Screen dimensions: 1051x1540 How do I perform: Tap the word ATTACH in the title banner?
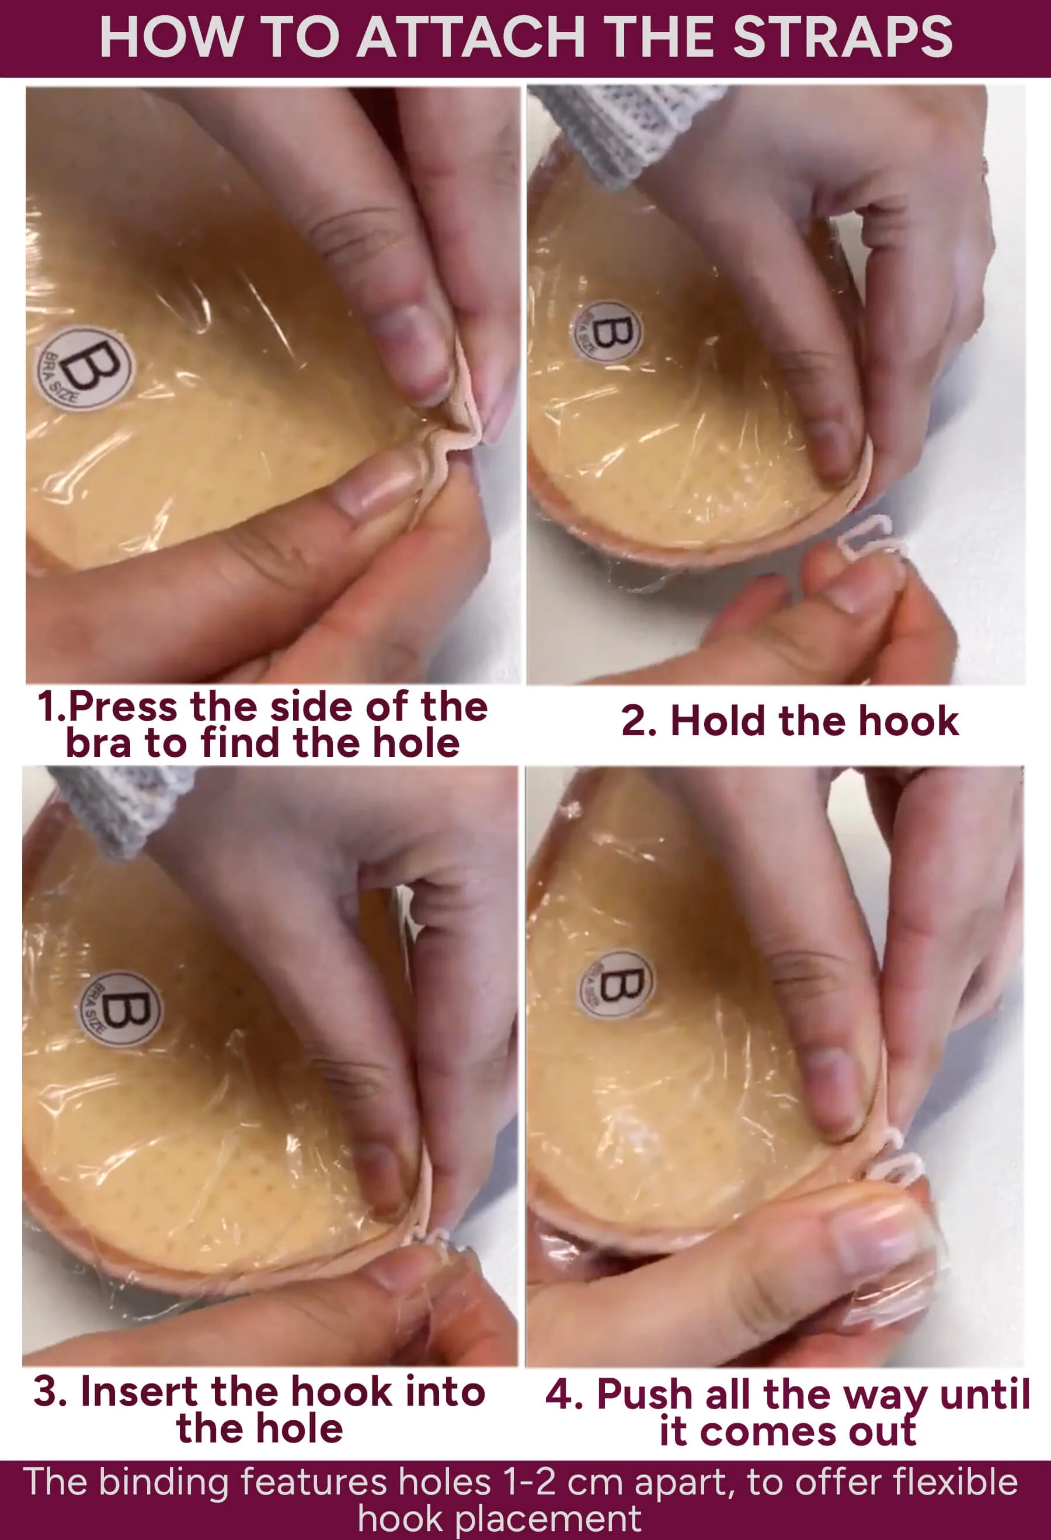click(471, 37)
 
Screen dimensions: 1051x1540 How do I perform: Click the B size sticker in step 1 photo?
click(84, 369)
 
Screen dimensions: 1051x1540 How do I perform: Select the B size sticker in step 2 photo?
click(607, 331)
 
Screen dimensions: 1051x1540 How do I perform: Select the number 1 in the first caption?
click(48, 707)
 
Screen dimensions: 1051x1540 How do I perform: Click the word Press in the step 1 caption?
click(123, 707)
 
